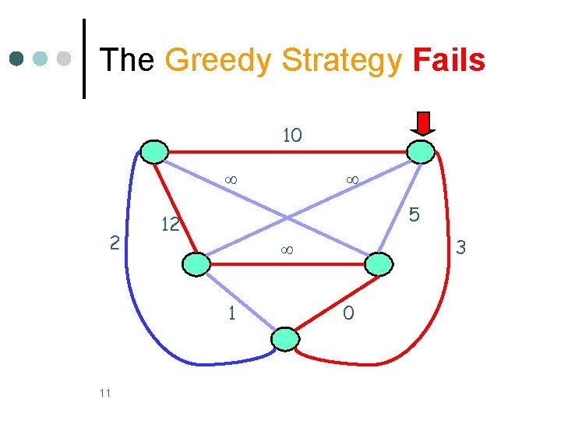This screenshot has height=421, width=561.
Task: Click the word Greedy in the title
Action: coord(220,61)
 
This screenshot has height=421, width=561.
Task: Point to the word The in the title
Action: coord(128,60)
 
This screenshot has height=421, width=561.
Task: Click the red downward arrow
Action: coord(423,123)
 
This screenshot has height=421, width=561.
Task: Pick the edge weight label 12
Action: coord(170,225)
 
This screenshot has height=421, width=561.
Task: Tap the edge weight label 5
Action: coord(415,214)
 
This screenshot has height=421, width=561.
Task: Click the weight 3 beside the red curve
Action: coord(460,248)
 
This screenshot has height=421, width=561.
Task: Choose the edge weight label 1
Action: coord(231,313)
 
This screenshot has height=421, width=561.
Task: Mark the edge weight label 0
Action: coord(348,313)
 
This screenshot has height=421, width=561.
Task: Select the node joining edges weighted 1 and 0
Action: coord(285,338)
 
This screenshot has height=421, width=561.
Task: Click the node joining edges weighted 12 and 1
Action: coord(196,264)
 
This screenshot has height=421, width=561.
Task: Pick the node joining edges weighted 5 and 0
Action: coord(378,264)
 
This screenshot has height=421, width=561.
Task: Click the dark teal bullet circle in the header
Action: coord(17,58)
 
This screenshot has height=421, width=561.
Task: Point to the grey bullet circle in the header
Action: coord(65,58)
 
